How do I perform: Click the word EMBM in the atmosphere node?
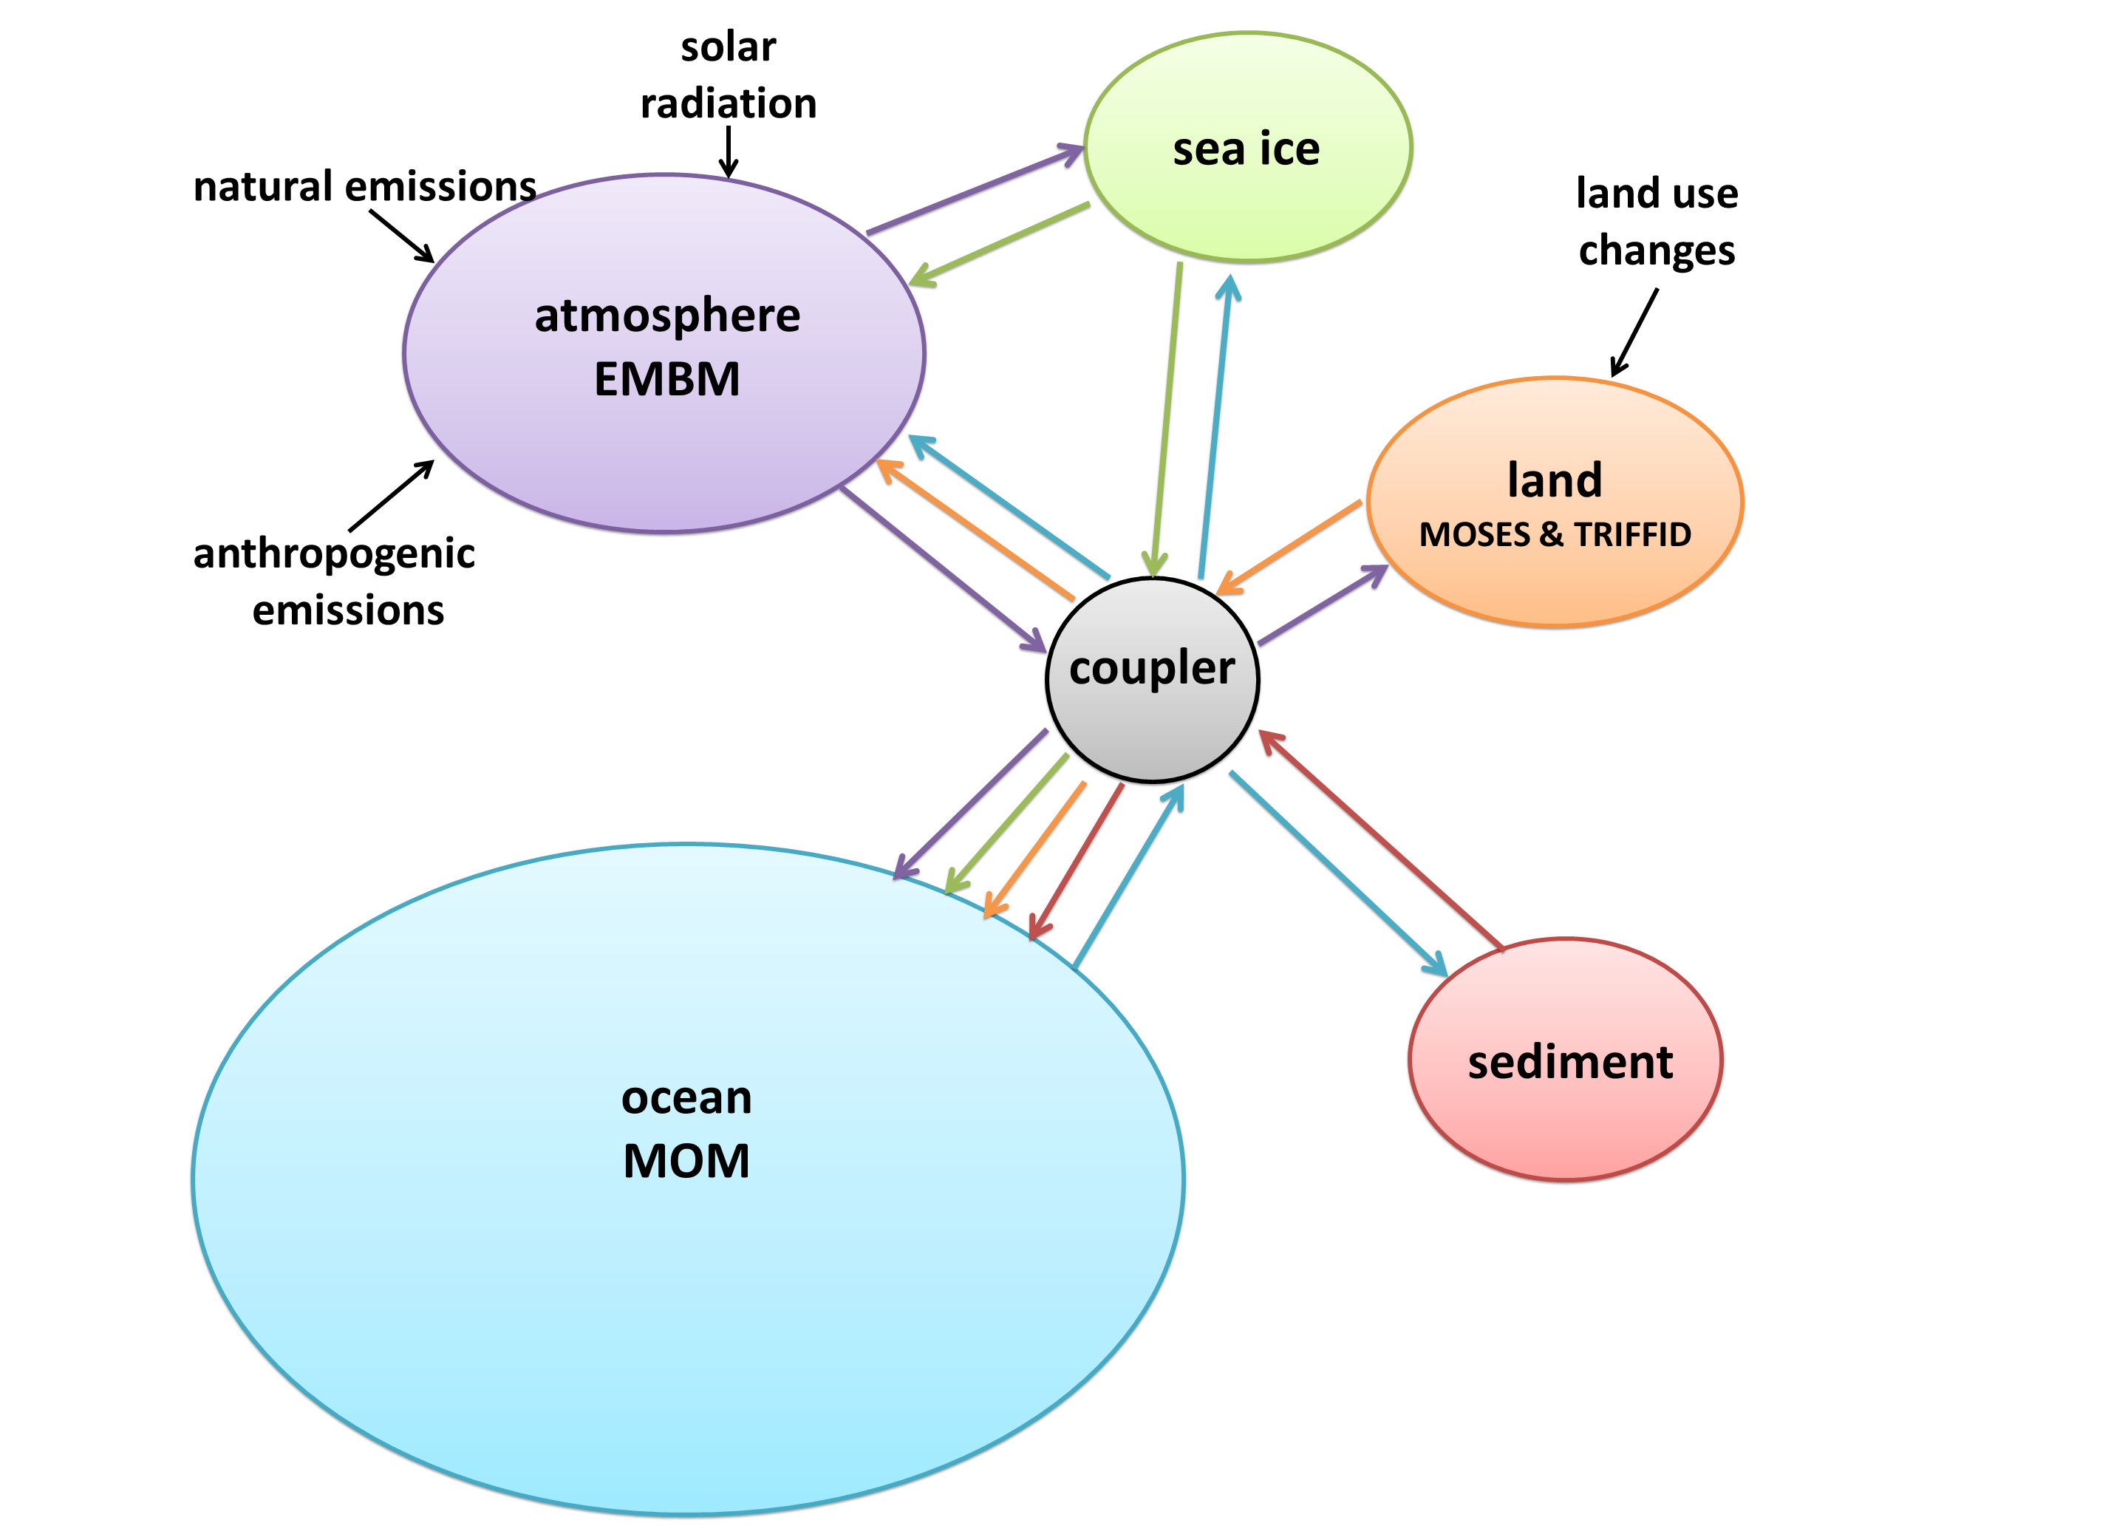click(667, 379)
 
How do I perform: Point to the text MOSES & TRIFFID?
click(1555, 534)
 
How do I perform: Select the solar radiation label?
click(728, 75)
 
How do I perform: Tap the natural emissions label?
click(364, 185)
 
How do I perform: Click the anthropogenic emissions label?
click(335, 581)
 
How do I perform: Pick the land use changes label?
click(1656, 222)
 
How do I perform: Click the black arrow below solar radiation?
click(728, 150)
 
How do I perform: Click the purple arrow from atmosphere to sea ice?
click(976, 190)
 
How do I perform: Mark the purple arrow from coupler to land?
click(1323, 605)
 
